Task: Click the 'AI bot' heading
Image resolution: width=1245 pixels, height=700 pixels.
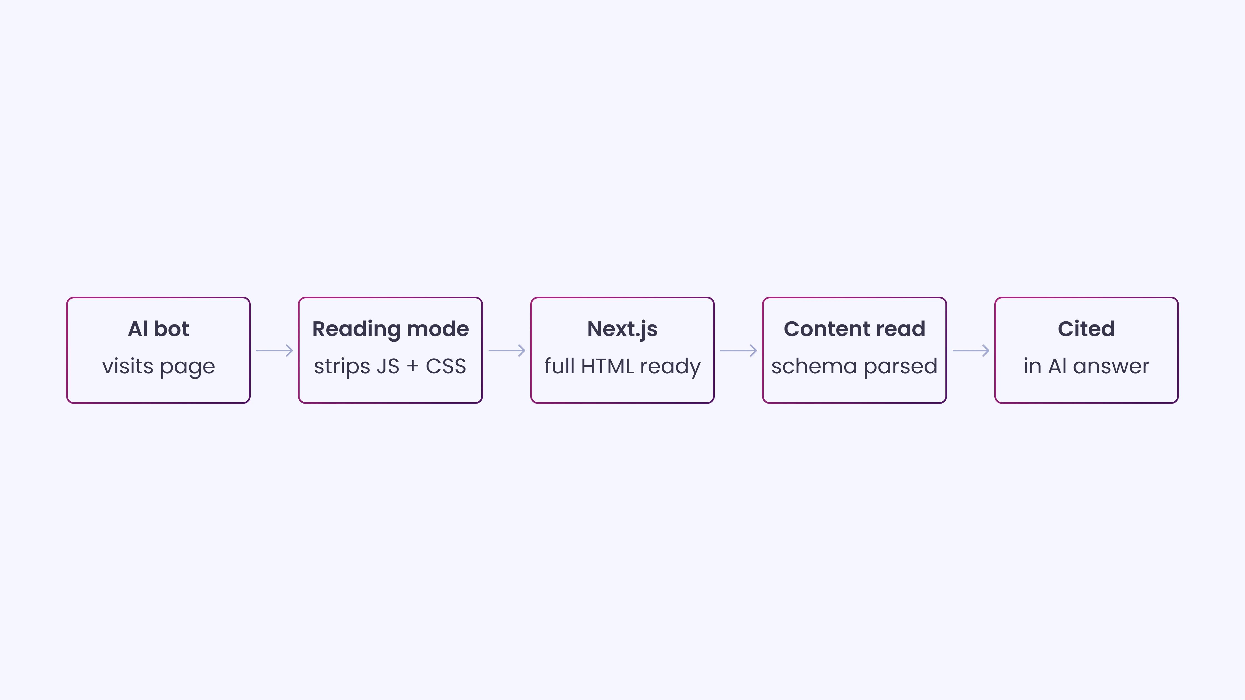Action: click(158, 329)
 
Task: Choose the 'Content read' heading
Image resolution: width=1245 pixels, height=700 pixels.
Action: click(855, 329)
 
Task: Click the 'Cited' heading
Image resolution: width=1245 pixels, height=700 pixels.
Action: click(1087, 329)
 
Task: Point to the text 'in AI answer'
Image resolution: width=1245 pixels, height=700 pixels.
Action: click(1087, 366)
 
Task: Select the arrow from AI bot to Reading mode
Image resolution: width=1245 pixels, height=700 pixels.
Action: click(275, 350)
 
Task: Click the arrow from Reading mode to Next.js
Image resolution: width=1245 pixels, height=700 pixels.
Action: click(507, 350)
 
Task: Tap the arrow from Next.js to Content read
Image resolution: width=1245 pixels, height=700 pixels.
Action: click(738, 350)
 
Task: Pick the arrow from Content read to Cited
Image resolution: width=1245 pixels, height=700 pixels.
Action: click(970, 350)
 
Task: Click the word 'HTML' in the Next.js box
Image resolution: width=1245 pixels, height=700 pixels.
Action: click(607, 366)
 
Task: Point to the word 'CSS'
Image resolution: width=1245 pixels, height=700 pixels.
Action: click(445, 366)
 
